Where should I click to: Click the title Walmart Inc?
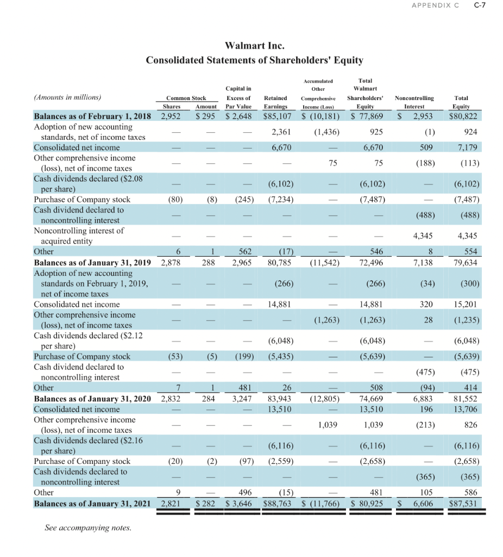[255, 45]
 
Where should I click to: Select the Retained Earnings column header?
[275, 102]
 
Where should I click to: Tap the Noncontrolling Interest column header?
[414, 102]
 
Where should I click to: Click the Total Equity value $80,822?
[465, 116]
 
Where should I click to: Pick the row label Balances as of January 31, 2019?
[92, 263]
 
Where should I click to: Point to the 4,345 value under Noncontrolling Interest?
[422, 236]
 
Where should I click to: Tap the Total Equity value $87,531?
[465, 503]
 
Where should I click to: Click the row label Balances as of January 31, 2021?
[92, 503]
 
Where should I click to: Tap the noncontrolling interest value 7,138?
[422, 263]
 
